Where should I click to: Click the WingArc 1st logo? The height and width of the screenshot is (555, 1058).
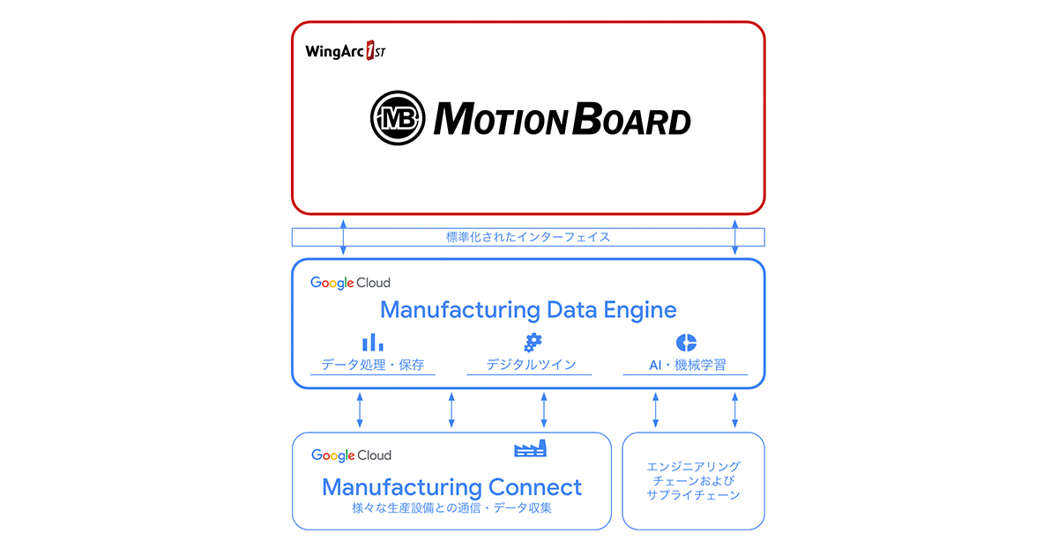(x=346, y=51)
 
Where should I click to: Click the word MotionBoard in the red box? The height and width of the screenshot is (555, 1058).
(x=562, y=119)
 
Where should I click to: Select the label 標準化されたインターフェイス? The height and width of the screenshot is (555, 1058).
(x=528, y=237)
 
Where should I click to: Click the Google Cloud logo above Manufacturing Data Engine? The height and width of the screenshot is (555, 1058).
(x=350, y=283)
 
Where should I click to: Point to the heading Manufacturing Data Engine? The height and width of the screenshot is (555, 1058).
(x=528, y=310)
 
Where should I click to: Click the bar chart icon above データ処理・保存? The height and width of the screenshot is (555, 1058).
(x=372, y=343)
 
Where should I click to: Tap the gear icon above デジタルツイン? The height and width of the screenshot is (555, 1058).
(x=532, y=343)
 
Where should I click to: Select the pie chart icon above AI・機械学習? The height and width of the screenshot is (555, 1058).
(x=686, y=343)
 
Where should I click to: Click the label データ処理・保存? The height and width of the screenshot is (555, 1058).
(x=372, y=365)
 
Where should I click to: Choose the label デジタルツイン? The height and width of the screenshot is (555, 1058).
(x=529, y=365)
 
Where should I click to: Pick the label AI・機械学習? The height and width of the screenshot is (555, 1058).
(x=685, y=365)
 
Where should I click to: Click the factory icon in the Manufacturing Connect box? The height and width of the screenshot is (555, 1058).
(x=531, y=448)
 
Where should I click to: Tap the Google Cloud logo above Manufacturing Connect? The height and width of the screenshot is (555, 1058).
(x=351, y=455)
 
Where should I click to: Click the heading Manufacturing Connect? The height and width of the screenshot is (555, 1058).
(x=451, y=487)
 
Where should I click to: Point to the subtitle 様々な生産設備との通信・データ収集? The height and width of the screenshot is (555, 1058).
(x=451, y=508)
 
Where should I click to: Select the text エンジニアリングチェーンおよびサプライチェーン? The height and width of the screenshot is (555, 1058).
(x=693, y=481)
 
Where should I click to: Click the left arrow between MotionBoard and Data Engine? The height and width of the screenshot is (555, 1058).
(x=344, y=236)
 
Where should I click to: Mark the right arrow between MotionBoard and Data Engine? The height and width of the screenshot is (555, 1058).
(x=735, y=236)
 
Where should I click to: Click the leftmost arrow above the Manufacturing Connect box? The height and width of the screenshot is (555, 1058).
(x=360, y=411)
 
